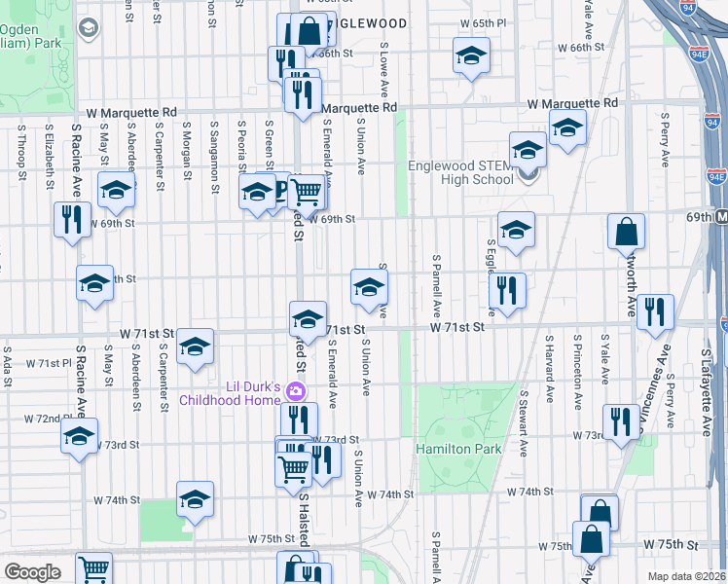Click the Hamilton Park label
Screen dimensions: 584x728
458,449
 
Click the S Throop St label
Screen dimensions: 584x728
19,149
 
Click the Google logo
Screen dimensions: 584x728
32,571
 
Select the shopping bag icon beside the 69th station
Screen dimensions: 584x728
626,232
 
